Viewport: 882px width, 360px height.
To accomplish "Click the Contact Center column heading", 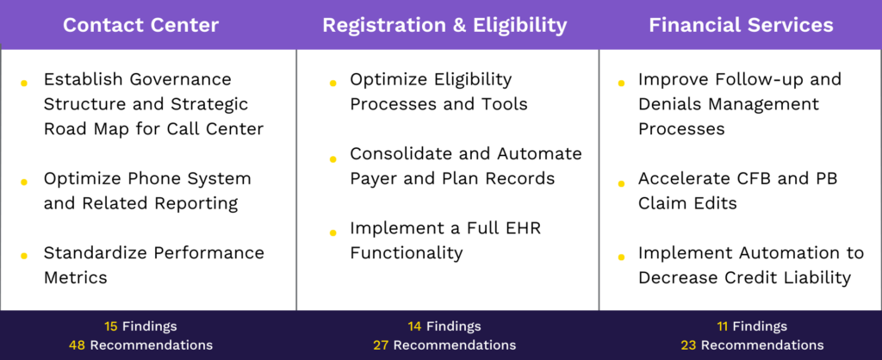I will (x=140, y=25).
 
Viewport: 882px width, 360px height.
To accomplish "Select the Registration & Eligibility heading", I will (x=444, y=25).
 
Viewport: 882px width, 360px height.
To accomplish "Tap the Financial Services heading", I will (x=741, y=25).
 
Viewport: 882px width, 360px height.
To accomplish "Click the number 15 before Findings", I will (x=110, y=326).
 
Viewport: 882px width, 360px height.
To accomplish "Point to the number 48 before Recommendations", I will (x=77, y=344).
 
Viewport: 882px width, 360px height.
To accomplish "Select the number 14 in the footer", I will (x=415, y=326).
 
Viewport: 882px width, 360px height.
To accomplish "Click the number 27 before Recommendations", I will (x=381, y=344).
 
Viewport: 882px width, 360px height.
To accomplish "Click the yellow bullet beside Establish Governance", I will (x=24, y=83).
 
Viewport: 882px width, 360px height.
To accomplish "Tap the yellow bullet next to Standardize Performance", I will (x=24, y=256).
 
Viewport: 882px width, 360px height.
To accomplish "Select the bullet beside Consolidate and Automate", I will (x=332, y=158).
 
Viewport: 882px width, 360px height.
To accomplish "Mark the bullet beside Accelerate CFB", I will (x=620, y=183).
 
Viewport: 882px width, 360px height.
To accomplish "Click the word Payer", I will (x=376, y=179).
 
